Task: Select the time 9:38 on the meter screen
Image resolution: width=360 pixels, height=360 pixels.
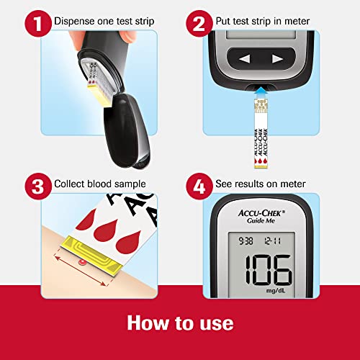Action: (246, 240)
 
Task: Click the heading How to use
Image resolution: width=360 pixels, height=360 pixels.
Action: (180, 322)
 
